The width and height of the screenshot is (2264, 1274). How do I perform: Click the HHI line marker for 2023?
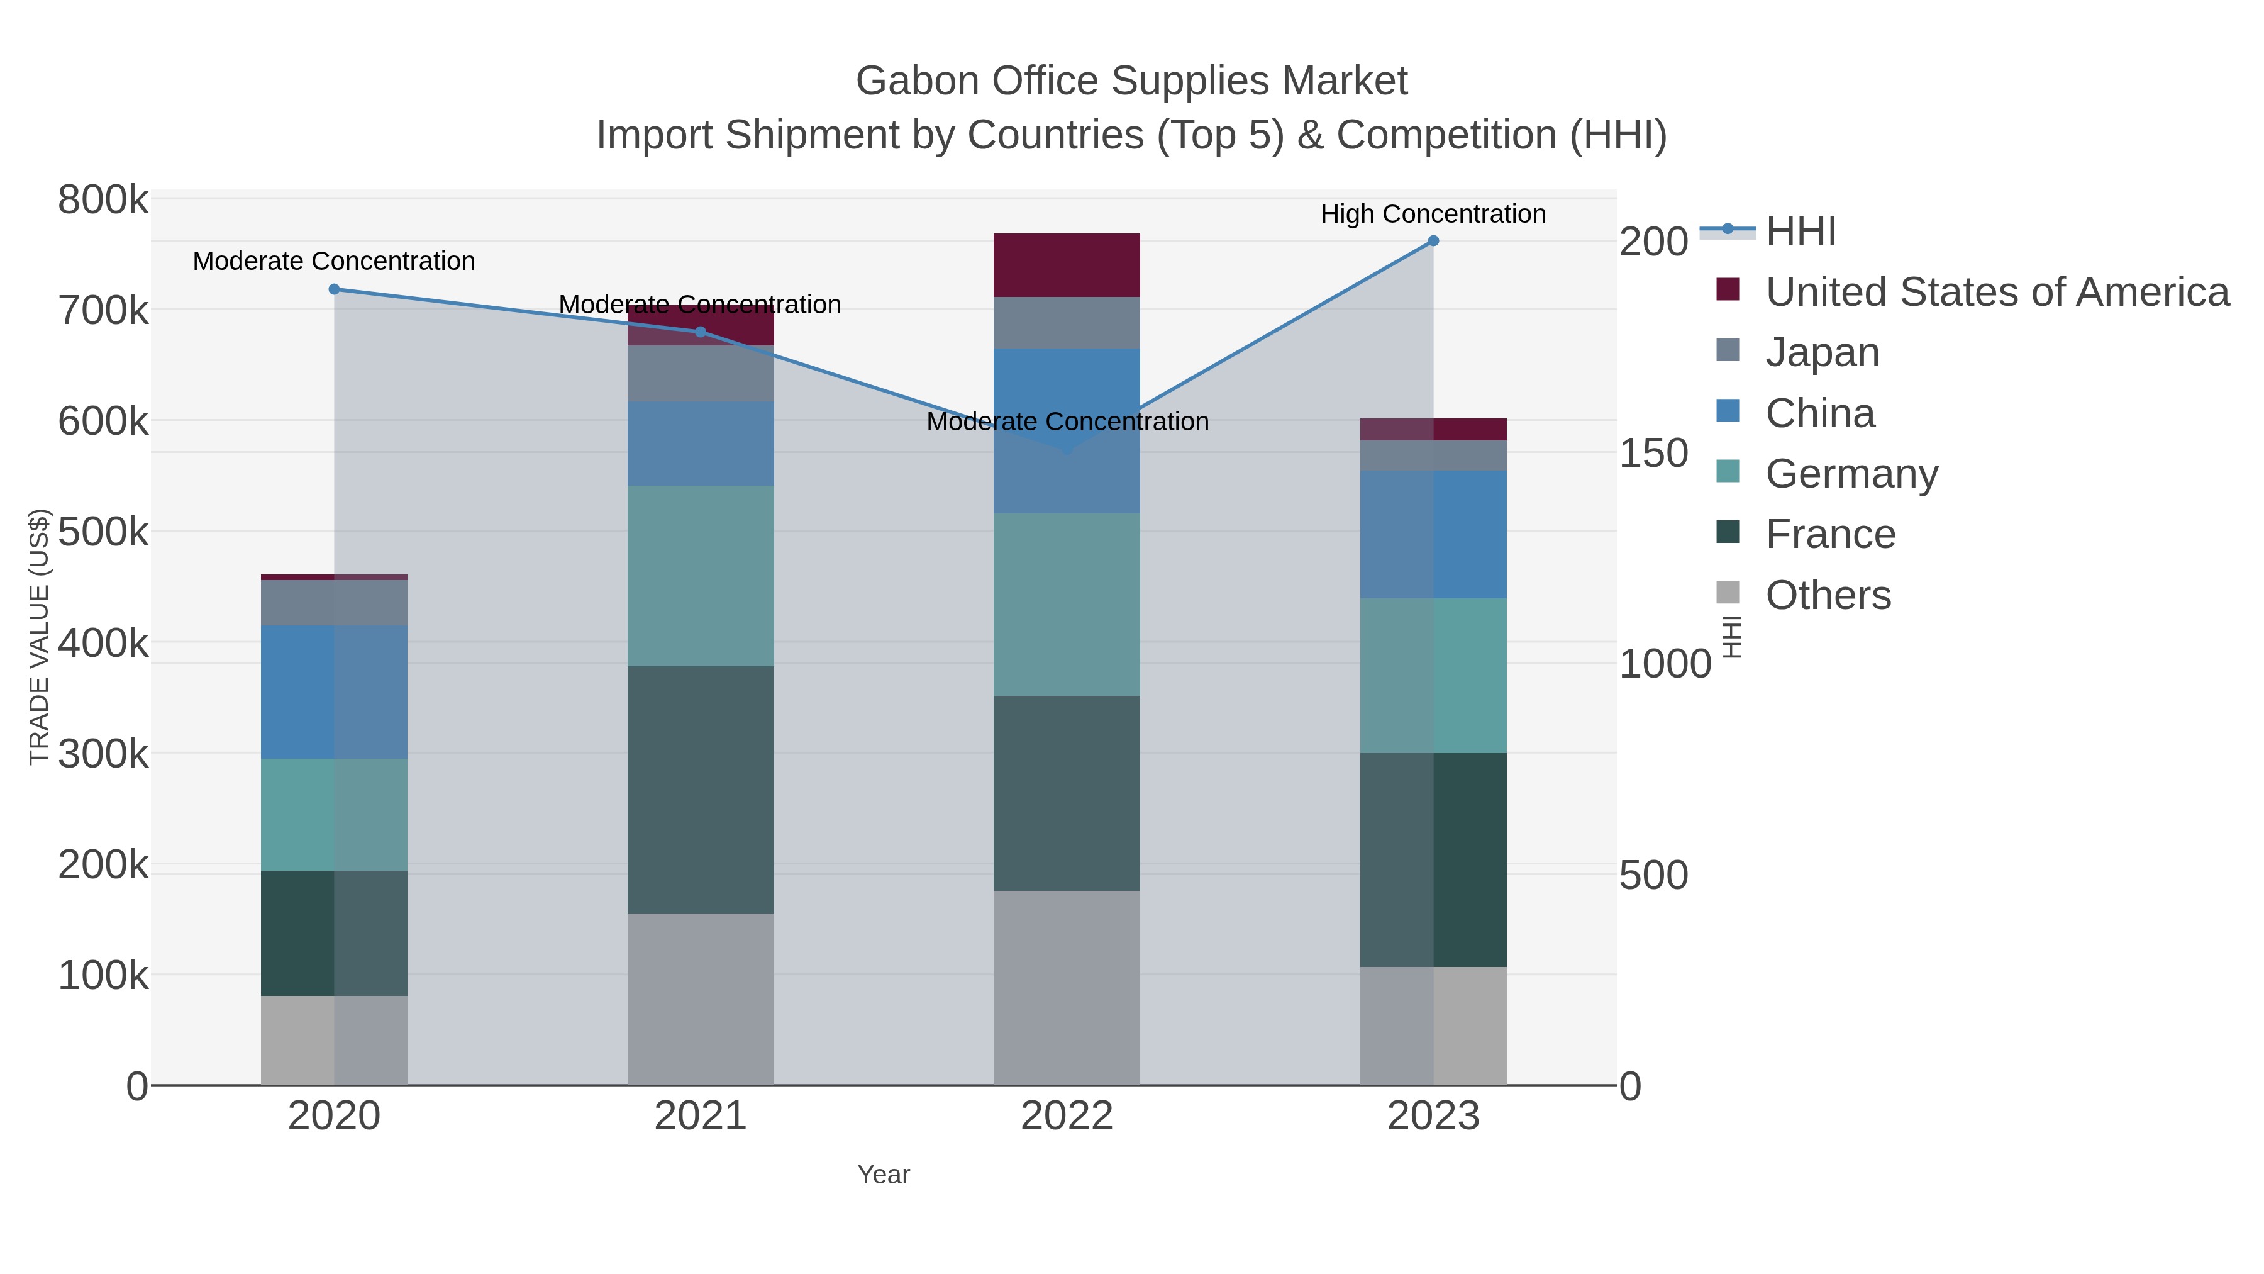point(1433,241)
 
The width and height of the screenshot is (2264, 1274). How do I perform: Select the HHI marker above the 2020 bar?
point(334,289)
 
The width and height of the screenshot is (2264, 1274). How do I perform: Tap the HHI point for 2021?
point(701,332)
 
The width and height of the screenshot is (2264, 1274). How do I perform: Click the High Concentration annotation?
point(1433,214)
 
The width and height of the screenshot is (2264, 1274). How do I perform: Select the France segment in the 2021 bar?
point(701,789)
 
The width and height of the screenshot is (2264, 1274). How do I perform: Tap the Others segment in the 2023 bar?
point(1433,1025)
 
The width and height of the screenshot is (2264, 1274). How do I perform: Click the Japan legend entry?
point(1821,352)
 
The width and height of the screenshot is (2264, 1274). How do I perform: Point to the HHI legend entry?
point(1800,232)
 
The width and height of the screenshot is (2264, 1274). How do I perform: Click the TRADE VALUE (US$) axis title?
point(40,637)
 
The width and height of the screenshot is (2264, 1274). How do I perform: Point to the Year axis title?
point(884,1175)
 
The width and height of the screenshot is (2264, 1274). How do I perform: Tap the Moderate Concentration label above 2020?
point(334,261)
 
